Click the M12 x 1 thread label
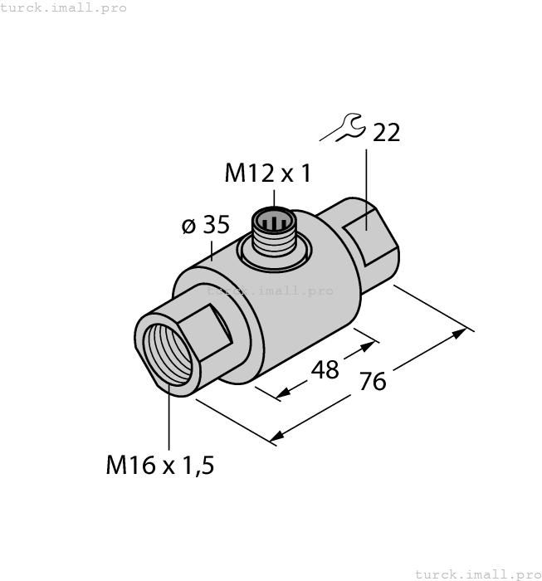pos(267,173)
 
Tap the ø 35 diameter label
pos(205,226)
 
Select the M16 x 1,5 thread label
pos(160,466)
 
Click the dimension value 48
pos(324,369)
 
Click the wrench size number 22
pos(386,132)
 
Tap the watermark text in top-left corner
pos(64,7)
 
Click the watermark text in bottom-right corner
pos(476,574)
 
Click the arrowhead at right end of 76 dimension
pos(461,333)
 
